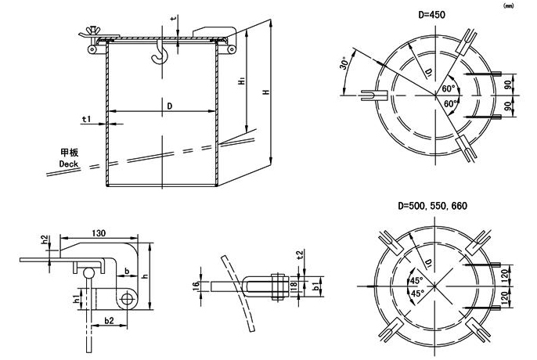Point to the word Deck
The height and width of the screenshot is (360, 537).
coord(70,164)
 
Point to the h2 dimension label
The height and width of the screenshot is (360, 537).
coord(45,239)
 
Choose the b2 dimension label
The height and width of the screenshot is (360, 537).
coord(109,320)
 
